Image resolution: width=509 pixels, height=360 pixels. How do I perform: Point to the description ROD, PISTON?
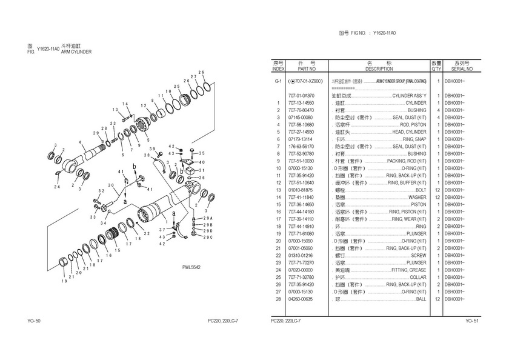[414, 125]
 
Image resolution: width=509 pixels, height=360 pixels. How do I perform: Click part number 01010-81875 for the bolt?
[301, 190]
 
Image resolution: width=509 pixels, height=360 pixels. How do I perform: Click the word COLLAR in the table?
[418, 278]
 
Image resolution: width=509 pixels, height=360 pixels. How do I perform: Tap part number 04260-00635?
[301, 299]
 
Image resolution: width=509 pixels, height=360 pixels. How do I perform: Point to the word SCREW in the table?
[419, 256]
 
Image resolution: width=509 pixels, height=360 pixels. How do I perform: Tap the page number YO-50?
[34, 320]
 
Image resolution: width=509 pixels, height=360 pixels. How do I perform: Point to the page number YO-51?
[473, 320]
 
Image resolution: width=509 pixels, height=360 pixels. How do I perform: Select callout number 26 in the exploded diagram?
[201, 72]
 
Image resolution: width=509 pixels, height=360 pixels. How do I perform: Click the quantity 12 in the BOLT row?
[437, 190]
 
